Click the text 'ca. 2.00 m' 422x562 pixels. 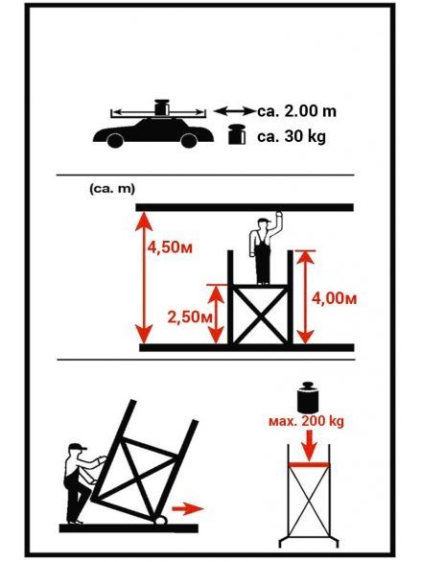[x=296, y=111]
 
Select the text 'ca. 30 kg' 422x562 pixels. [x=292, y=136]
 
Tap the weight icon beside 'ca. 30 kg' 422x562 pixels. [x=237, y=134]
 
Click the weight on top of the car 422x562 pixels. [x=161, y=107]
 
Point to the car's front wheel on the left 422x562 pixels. [x=115, y=140]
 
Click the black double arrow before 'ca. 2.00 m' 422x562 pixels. [x=234, y=111]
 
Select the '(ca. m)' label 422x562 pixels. [x=112, y=189]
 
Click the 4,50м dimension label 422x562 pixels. [x=170, y=247]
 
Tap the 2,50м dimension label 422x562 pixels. [x=190, y=317]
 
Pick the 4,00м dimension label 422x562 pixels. [x=334, y=298]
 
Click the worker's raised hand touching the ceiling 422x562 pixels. [x=278, y=215]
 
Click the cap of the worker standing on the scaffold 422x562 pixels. [x=265, y=222]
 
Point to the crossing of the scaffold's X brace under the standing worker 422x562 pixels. [x=260, y=315]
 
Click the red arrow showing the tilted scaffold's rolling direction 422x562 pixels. [x=188, y=508]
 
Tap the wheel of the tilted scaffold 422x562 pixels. [x=160, y=520]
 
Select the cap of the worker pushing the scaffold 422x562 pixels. [x=78, y=447]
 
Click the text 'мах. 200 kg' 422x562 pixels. [x=306, y=421]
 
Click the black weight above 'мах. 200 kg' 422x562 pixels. [x=308, y=397]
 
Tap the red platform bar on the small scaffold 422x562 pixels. [x=309, y=465]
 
